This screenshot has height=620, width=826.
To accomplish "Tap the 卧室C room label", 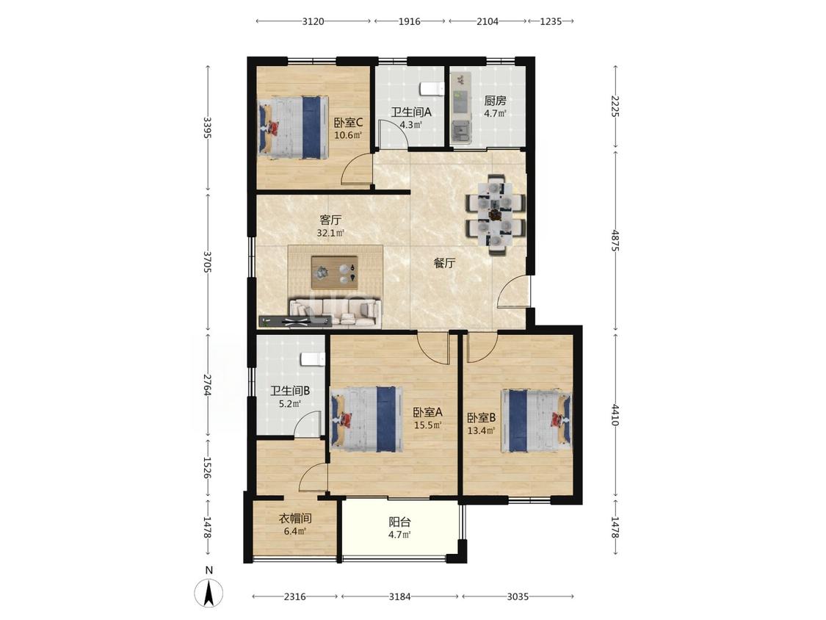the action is [x=348, y=123].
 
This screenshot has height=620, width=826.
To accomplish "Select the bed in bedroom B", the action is [x=536, y=421].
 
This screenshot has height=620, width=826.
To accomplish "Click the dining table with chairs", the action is [x=495, y=215].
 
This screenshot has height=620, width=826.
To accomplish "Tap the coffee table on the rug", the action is [x=335, y=273].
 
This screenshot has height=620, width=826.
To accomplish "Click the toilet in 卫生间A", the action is [x=431, y=89].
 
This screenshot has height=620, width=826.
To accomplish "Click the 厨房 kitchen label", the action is [x=495, y=100].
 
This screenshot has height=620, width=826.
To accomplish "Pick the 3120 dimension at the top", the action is [x=313, y=21].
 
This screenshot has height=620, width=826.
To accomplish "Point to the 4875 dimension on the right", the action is [x=615, y=240].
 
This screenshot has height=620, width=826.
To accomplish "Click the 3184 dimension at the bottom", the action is [x=400, y=596].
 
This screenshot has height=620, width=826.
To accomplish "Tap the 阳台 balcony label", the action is [x=400, y=522].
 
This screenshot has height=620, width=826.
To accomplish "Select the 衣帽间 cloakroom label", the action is [x=295, y=519].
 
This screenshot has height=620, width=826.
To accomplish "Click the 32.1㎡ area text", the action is [x=330, y=232].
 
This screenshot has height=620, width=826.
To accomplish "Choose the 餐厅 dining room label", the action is [x=445, y=263].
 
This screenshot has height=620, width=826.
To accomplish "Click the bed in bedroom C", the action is [x=293, y=127].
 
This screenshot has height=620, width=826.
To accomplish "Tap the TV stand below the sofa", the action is [x=296, y=320].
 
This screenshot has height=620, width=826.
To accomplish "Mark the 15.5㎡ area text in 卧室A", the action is [x=427, y=425].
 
